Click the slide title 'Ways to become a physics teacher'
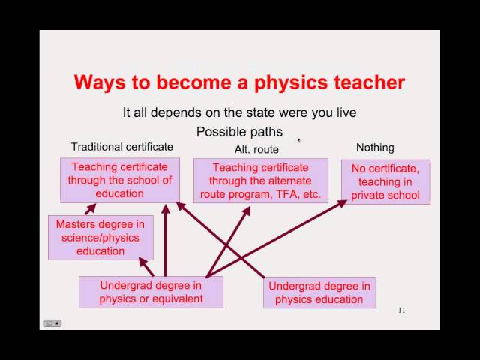[x=239, y=82]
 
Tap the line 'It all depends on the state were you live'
[x=239, y=112]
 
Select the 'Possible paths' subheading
[x=239, y=132]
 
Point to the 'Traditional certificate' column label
[x=121, y=147]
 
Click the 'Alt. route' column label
[x=256, y=149]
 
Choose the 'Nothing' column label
[x=375, y=148]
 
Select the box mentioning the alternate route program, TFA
[x=260, y=181]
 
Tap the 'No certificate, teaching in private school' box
[x=385, y=182]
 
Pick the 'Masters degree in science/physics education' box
[x=100, y=237]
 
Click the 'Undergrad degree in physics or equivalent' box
[x=151, y=292]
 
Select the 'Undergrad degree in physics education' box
[x=319, y=292]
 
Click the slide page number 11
[x=401, y=310]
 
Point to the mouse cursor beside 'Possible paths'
[x=298, y=139]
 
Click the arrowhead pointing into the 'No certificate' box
[x=341, y=202]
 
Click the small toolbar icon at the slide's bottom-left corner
[x=52, y=323]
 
